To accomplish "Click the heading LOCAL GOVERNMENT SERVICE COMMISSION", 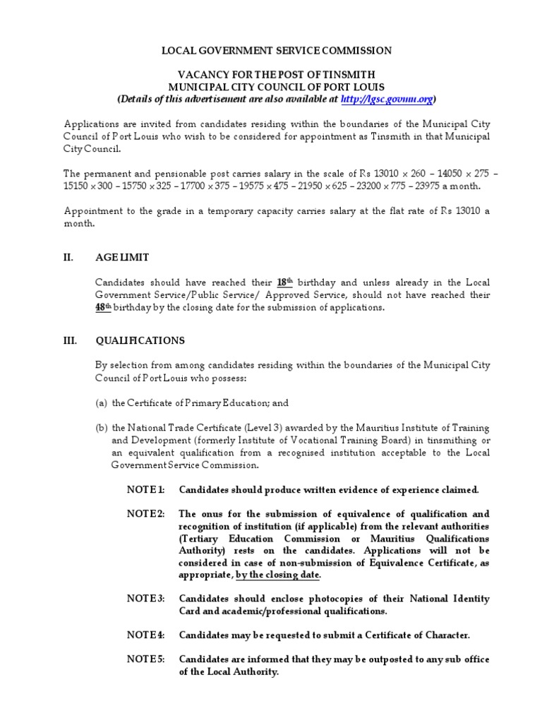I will tap(277, 51).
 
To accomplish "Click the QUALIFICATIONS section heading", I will tap(140, 340).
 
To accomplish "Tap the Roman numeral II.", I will tap(69, 258).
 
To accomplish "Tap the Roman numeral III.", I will tap(71, 340).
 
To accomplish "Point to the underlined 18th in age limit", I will tap(284, 282).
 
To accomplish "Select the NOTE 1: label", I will tap(145, 490).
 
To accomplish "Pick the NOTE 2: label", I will tap(145, 514).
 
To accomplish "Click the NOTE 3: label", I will tap(145, 599).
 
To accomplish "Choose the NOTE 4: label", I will tap(145, 635).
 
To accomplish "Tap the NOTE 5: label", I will tap(145, 659).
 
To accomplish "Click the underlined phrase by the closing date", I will tap(278, 575).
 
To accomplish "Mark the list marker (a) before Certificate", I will tap(102, 403).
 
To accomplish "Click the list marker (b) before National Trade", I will tap(102, 428).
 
